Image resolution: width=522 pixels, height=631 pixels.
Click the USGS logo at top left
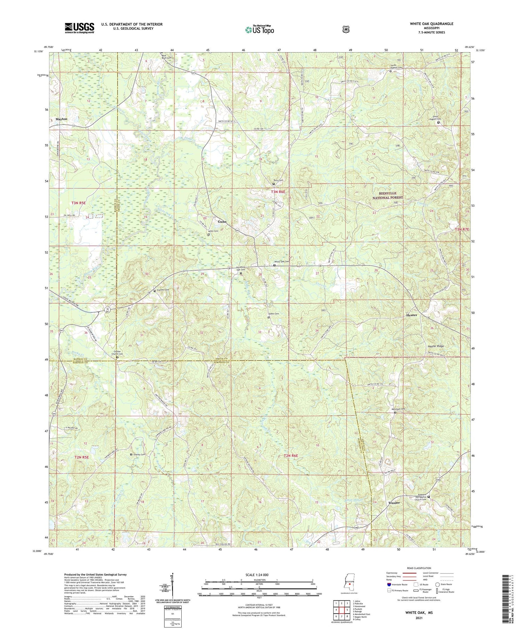click(x=79, y=28)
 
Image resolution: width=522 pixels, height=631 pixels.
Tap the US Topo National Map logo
click(x=260, y=30)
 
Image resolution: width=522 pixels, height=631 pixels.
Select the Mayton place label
click(x=61, y=119)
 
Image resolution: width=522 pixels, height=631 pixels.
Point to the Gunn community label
click(x=222, y=221)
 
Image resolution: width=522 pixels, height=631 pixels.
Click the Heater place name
click(x=412, y=315)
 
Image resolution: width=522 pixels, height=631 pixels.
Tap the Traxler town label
click(x=394, y=503)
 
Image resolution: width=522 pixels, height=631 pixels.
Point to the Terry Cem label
click(x=278, y=180)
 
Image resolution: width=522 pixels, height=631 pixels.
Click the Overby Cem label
click(x=139, y=455)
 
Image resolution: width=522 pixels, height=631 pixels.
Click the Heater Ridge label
click(x=436, y=346)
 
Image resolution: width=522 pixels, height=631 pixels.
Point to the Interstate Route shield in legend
click(x=389, y=585)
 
